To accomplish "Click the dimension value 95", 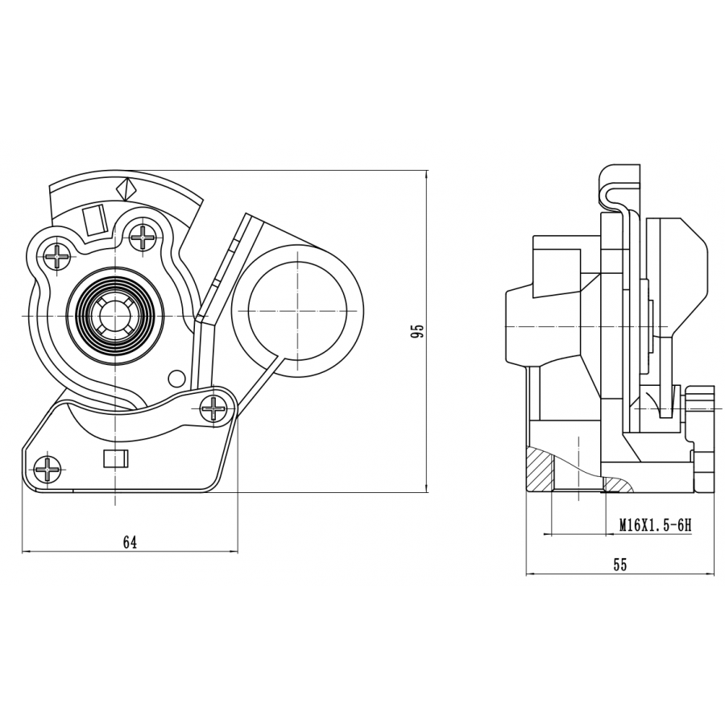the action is click(417, 331).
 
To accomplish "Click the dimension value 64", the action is click(130, 542).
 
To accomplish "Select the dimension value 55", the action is click(620, 565).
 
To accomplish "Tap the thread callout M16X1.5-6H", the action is click(655, 524).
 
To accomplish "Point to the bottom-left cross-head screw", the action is click(48, 469).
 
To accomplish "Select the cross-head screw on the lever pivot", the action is click(213, 408).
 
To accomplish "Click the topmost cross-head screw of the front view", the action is click(142, 237).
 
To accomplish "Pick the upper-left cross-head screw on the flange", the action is click(58, 255).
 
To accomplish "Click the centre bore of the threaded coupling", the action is click(114, 316).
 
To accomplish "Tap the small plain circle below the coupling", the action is click(176, 379).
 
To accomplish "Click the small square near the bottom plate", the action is click(114, 459).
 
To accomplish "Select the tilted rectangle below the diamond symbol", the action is click(95, 221).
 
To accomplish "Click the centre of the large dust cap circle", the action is click(297, 311).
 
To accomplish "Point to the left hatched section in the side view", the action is click(540, 470).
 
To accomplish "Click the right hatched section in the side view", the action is click(618, 484).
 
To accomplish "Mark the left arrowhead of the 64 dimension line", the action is click(27, 552).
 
